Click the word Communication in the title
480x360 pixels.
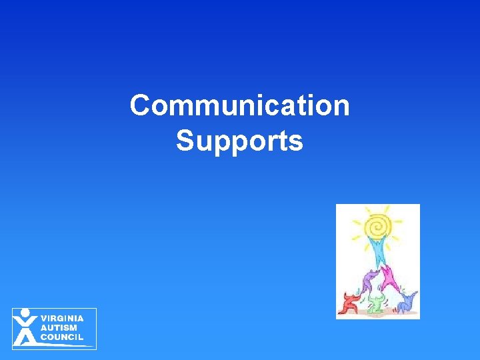pyautogui.click(x=239, y=105)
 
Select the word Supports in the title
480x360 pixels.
pyautogui.click(x=239, y=141)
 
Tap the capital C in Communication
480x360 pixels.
pyautogui.click(x=140, y=105)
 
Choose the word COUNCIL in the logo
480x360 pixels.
pyautogui.click(x=62, y=337)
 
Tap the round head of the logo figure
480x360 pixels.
pyautogui.click(x=25, y=313)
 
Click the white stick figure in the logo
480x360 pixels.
pyautogui.click(x=25, y=328)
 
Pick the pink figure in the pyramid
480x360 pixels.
pyautogui.click(x=388, y=275)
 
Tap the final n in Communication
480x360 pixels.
pyautogui.click(x=341, y=106)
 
